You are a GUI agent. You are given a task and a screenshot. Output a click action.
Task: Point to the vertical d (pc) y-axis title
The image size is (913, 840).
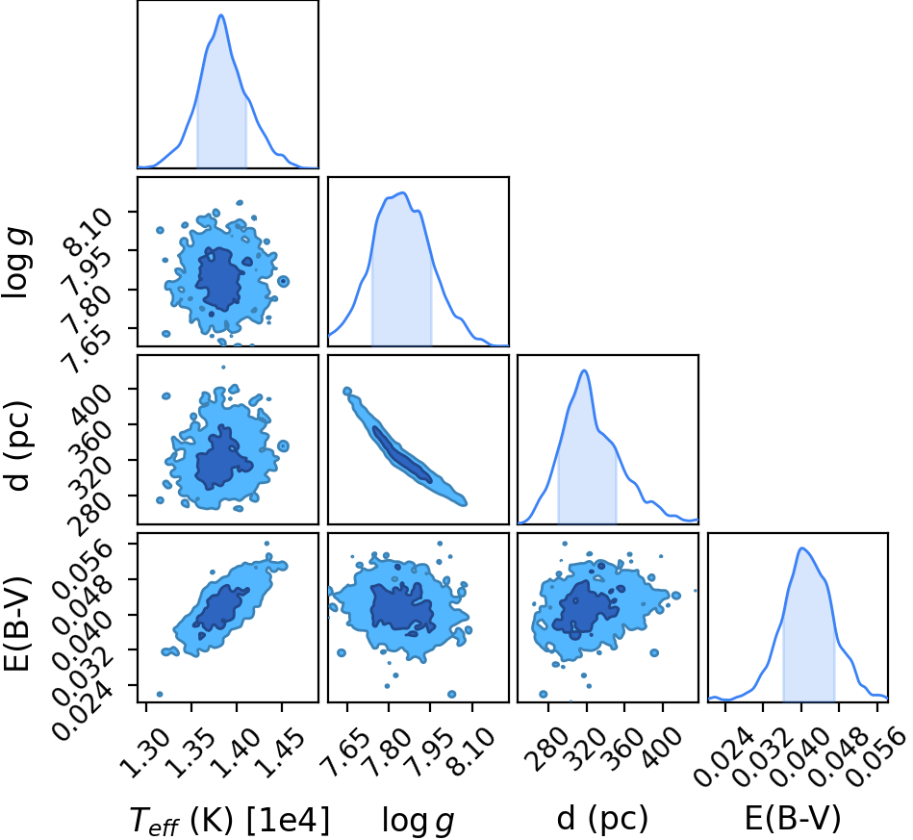17,445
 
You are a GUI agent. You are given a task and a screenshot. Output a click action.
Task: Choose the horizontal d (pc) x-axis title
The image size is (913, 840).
602,819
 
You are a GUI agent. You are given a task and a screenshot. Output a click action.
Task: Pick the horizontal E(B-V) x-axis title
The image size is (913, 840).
793,819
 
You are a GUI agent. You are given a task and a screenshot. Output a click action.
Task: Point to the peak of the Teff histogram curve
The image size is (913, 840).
221,15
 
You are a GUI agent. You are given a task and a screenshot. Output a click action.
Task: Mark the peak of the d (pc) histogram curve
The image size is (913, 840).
584,370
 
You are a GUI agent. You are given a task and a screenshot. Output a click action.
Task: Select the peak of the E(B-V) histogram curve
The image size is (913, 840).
801,548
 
